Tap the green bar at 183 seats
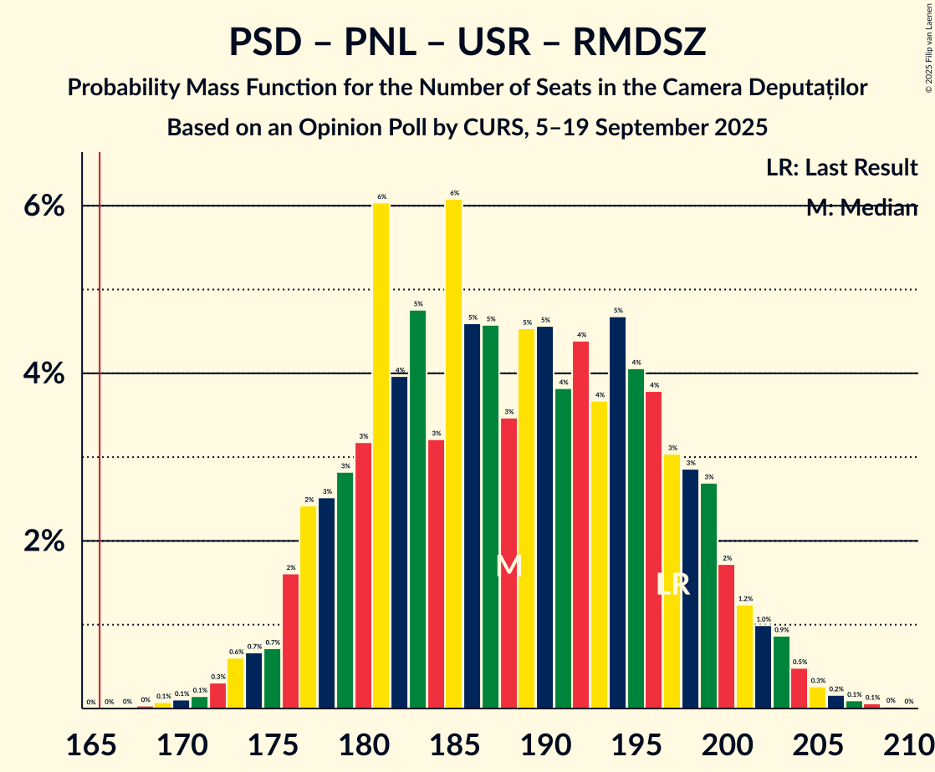click(x=417, y=509)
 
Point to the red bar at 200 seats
click(x=727, y=636)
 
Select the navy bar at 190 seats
click(x=545, y=517)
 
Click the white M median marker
click(x=508, y=566)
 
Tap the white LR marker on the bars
click(x=672, y=585)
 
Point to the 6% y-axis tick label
click(x=43, y=206)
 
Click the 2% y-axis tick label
click(x=43, y=541)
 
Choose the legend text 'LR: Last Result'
click(x=841, y=168)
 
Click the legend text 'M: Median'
click(x=861, y=208)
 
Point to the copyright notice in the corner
click(x=928, y=47)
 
